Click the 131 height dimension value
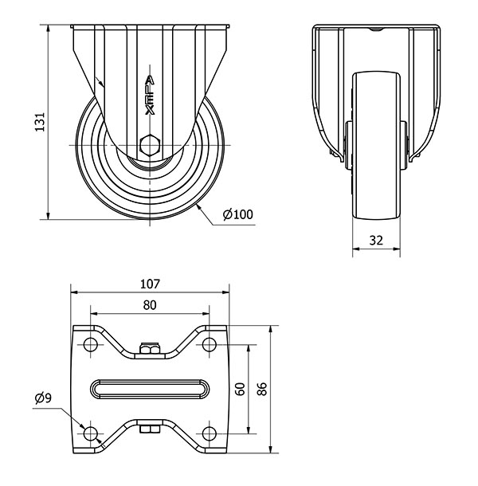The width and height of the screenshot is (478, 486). [40, 122]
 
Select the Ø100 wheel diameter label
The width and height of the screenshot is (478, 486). [238, 214]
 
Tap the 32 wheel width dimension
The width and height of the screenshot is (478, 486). [376, 240]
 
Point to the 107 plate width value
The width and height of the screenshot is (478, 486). [150, 284]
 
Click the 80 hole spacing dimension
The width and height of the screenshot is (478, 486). [150, 305]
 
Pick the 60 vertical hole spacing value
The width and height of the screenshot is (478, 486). [241, 389]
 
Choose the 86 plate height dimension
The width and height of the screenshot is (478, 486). [262, 389]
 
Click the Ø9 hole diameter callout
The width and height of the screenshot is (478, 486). [43, 398]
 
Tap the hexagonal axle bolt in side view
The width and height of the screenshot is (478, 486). [150, 145]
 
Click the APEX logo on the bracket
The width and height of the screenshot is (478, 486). [150, 95]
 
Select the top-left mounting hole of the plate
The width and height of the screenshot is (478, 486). [91, 344]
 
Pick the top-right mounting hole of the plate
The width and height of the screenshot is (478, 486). [210, 344]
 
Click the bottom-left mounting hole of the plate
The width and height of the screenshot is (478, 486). [91, 433]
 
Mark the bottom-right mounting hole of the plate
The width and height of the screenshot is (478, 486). [210, 433]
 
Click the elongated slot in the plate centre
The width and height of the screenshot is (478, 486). [150, 389]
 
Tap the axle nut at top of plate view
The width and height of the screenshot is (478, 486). [150, 349]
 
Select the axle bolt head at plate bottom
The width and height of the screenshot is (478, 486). [150, 429]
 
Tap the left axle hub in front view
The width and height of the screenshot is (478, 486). [349, 145]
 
